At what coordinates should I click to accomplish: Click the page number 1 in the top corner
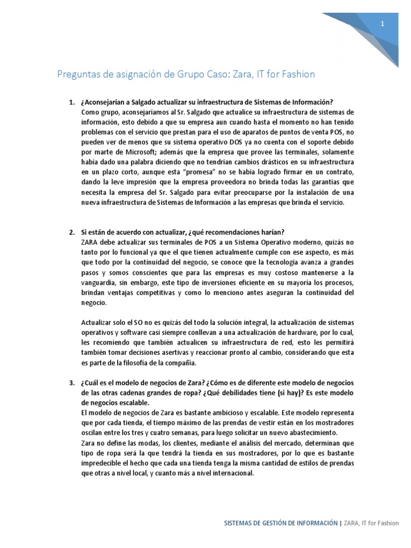point(383,24)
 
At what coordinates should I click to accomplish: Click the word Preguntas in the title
point(75,74)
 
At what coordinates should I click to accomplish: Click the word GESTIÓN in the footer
point(268,523)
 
